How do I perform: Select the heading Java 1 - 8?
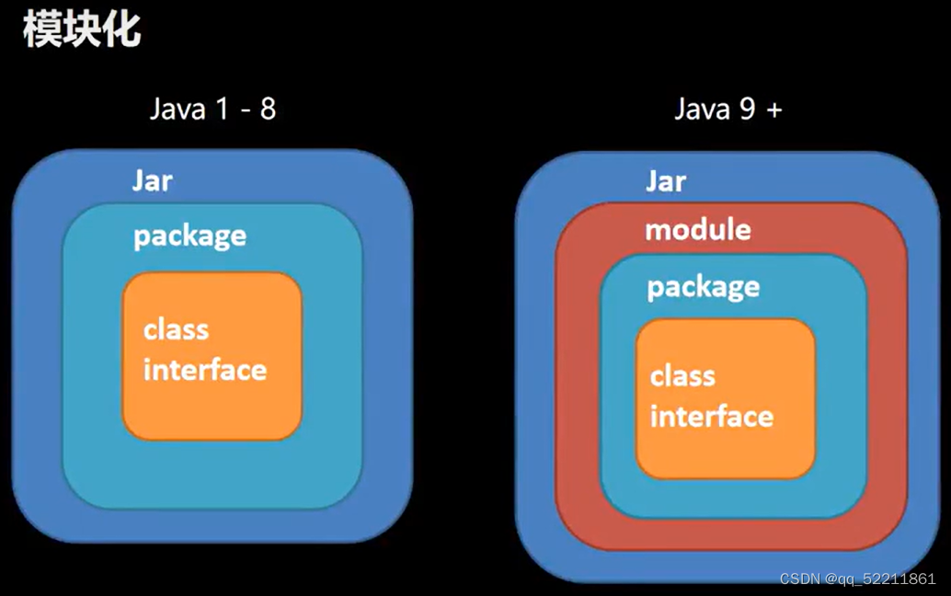(212, 109)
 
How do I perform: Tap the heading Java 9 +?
(728, 109)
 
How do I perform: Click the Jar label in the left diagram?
(152, 180)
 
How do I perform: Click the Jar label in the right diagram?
(665, 181)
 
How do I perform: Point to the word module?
(697, 229)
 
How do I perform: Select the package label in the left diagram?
(189, 236)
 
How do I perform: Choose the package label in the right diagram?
(703, 287)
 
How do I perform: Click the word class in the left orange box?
(176, 329)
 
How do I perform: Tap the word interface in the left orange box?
(204, 370)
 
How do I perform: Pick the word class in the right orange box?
(682, 375)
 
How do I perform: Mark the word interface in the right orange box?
(711, 416)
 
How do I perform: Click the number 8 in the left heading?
(267, 109)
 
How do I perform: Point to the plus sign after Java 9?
(773, 110)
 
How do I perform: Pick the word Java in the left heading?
(178, 109)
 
